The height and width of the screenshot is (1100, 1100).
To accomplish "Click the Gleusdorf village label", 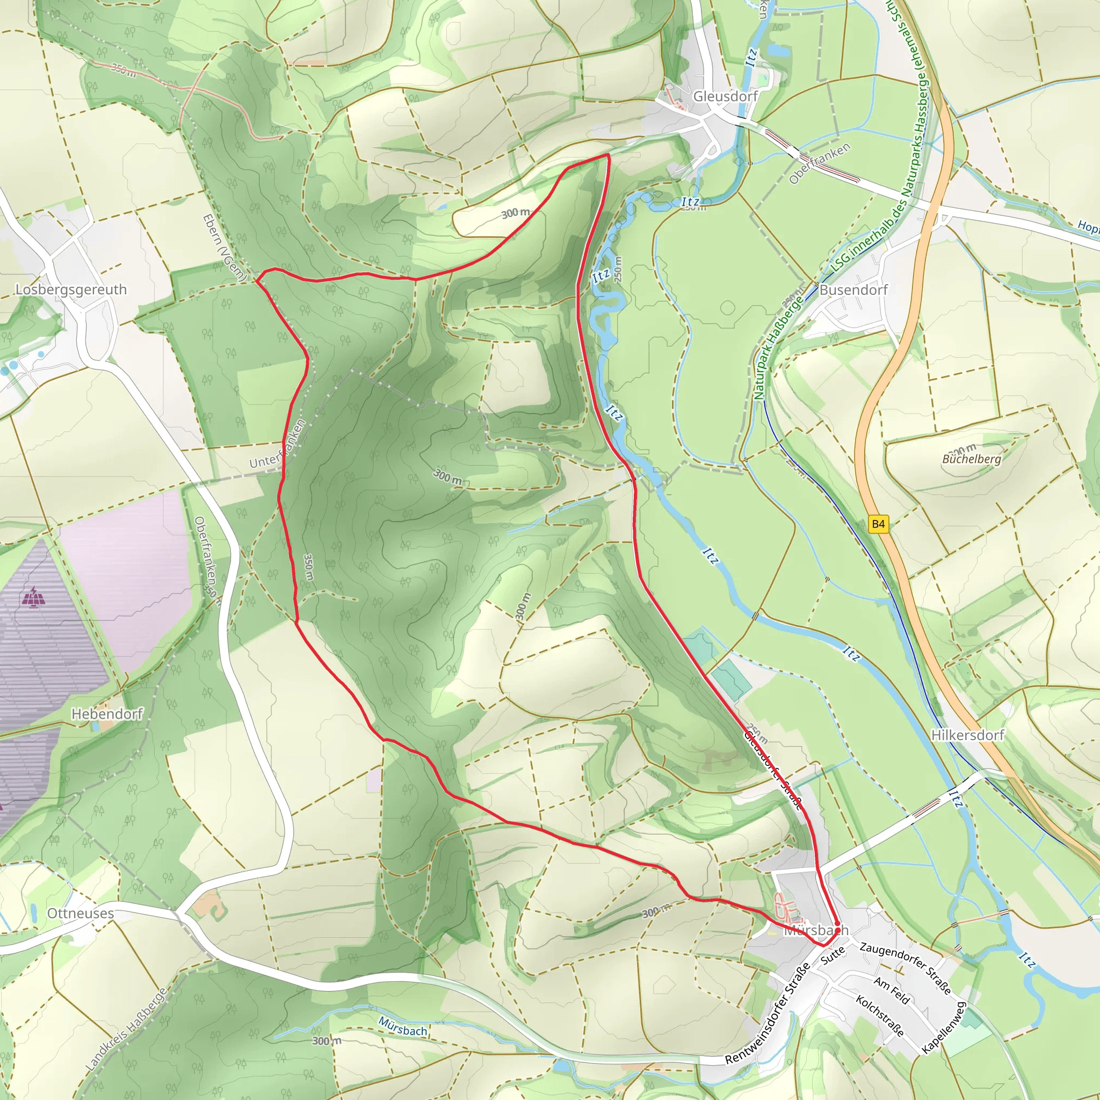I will [x=724, y=96].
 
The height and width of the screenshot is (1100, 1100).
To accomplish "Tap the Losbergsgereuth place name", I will [x=71, y=290].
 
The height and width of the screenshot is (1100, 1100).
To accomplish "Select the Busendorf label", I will [x=853, y=290].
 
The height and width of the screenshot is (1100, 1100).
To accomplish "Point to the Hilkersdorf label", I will [x=967, y=735].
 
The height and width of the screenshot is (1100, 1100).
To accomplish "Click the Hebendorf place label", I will [x=106, y=713].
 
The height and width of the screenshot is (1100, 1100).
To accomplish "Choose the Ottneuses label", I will [x=80, y=913].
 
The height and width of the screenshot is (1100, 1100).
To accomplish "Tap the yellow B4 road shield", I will [x=878, y=524].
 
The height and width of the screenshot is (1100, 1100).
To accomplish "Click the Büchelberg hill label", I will [x=971, y=459].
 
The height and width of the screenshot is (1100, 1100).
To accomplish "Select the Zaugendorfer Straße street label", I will [x=904, y=968].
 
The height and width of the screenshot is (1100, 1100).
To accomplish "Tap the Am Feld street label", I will [x=892, y=990].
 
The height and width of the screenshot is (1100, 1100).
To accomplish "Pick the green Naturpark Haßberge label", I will [x=778, y=348].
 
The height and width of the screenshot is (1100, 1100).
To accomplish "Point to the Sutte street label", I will [x=833, y=955].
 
